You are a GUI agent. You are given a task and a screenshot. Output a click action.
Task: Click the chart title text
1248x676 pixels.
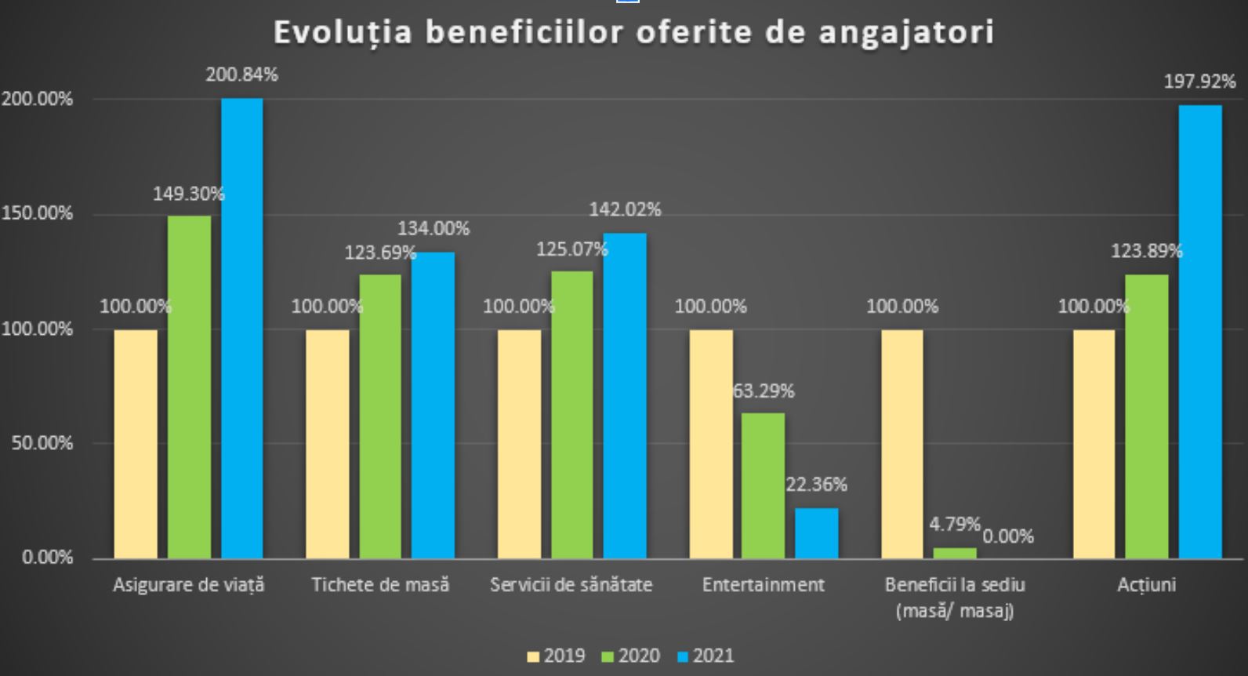[x=633, y=33]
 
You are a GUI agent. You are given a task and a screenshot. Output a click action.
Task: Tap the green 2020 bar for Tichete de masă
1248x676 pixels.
[x=380, y=416]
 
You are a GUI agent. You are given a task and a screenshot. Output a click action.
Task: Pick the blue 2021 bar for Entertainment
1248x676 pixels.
[x=817, y=533]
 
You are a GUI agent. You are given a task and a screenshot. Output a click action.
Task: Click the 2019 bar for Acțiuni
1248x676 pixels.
[x=1094, y=444]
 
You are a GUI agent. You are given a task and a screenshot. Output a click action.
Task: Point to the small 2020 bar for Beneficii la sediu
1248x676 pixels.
[x=955, y=553]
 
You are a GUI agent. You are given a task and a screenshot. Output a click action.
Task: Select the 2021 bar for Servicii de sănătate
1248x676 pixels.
[x=625, y=395]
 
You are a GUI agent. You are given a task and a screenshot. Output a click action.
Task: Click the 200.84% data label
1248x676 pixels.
[x=241, y=75]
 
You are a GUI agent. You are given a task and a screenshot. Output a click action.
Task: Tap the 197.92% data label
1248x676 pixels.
[x=1199, y=82]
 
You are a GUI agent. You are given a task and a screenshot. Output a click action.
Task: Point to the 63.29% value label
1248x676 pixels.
[x=764, y=391]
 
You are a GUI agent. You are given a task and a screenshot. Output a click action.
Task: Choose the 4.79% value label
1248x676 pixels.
[x=955, y=524]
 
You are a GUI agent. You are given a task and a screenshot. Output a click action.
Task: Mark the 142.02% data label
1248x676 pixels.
[x=625, y=210]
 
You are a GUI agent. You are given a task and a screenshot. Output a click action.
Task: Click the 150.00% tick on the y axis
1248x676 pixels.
[x=37, y=213]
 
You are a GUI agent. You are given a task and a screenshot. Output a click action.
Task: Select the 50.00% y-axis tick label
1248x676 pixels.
[x=42, y=443]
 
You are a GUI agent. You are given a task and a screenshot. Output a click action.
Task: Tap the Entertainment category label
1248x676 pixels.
[x=764, y=585]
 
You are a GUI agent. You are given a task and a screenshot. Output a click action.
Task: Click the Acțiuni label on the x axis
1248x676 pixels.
[x=1146, y=585]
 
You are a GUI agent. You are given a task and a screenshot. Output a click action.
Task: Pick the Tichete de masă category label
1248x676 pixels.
[x=380, y=585]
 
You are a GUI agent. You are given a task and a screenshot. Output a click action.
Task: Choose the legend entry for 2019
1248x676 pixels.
[x=557, y=656]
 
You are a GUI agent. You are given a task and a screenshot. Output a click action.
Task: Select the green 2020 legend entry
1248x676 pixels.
[x=631, y=656]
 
